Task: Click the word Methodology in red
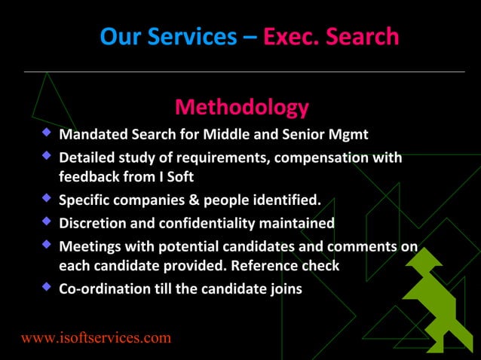[x=241, y=108]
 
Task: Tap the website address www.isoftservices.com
[x=96, y=337]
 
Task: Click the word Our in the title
[x=119, y=36]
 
